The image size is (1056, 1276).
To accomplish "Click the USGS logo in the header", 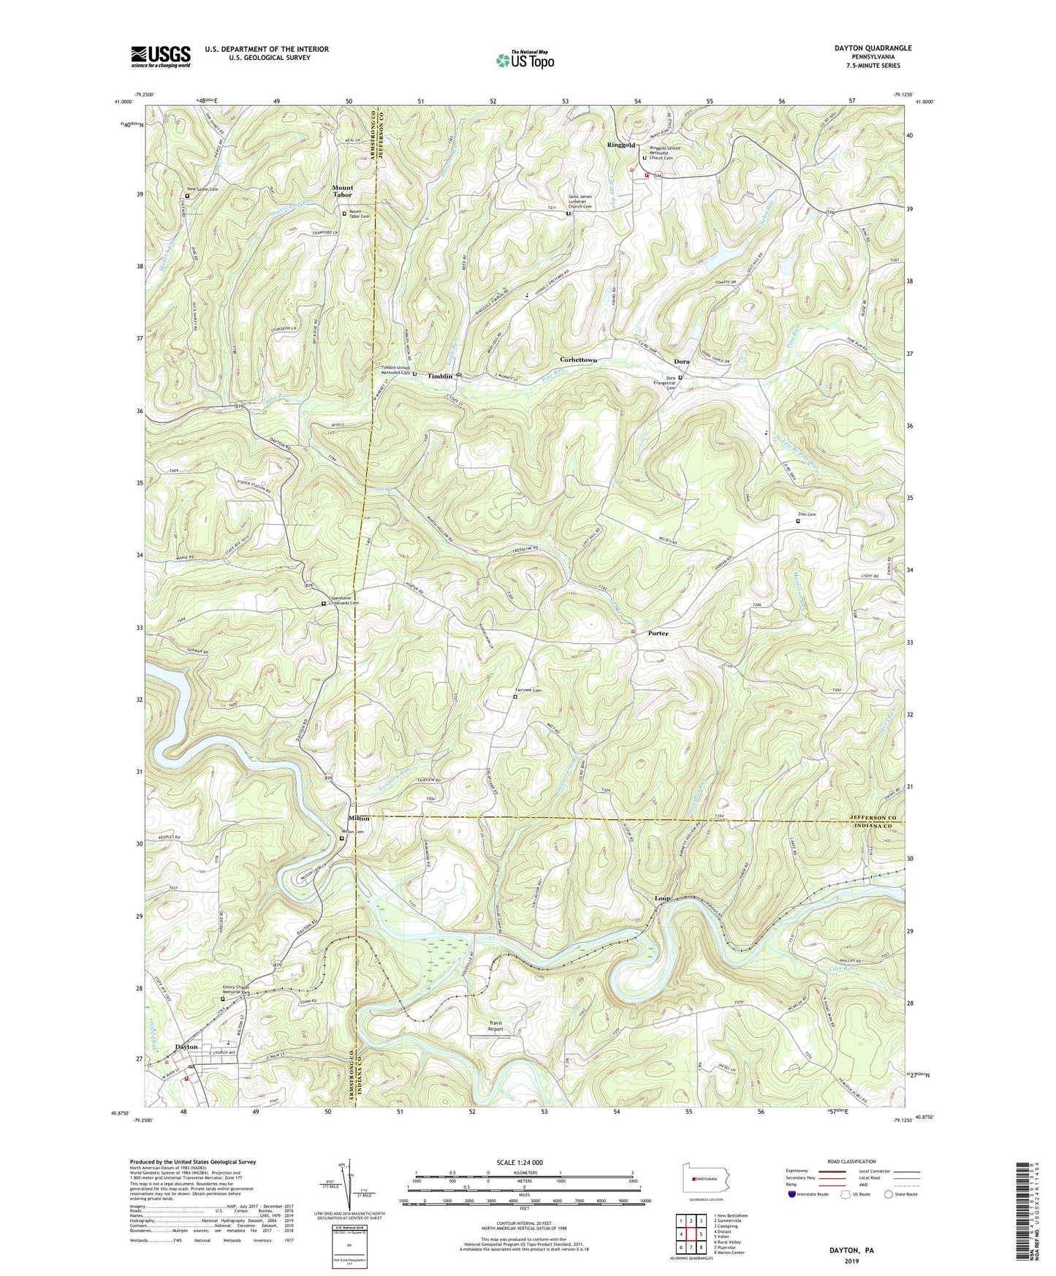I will pyautogui.click(x=161, y=56).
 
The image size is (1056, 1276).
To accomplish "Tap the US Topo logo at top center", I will pyautogui.click(x=523, y=60).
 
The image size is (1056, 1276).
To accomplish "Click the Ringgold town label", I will pyautogui.click(x=620, y=145).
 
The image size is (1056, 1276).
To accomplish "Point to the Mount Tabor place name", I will pyautogui.click(x=342, y=191).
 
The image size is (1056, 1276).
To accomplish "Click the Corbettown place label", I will pyautogui.click(x=578, y=360).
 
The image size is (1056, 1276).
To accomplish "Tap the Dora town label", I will pyautogui.click(x=681, y=362).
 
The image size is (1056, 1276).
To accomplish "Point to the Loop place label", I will pyautogui.click(x=662, y=898).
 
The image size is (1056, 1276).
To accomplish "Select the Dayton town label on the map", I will pyautogui.click(x=186, y=1047).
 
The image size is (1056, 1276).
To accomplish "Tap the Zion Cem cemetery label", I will pyautogui.click(x=807, y=514).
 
